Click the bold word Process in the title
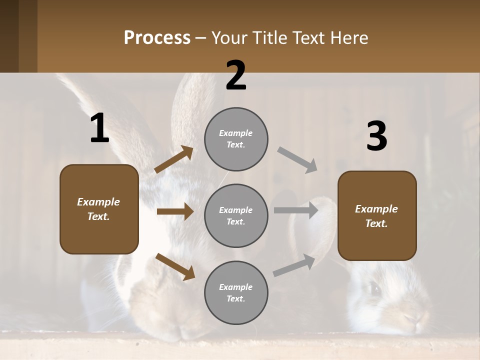[157, 38]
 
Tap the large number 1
[99, 128]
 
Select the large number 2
[236, 75]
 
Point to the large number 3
[376, 136]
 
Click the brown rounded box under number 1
[99, 209]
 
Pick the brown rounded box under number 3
[377, 216]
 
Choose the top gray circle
[236, 139]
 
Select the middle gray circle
[236, 216]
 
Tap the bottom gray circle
[236, 293]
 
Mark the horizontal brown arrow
[175, 211]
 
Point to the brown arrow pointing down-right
[175, 266]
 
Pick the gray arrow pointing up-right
[294, 265]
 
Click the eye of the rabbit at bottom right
[373, 288]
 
